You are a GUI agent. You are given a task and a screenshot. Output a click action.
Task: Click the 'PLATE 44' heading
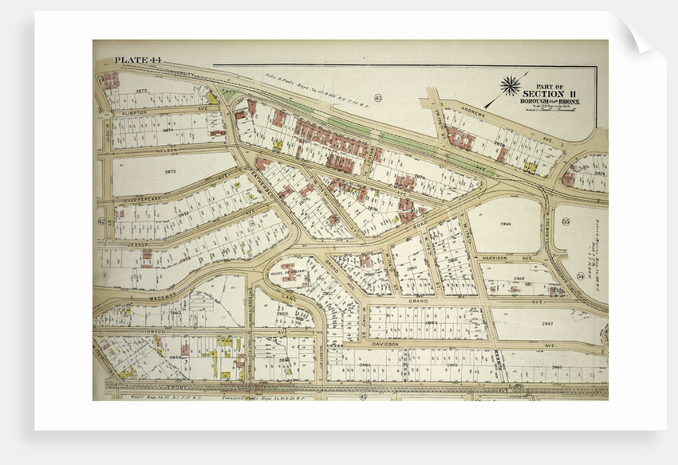tap(137, 61)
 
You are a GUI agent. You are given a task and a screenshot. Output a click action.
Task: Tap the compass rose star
tap(510, 85)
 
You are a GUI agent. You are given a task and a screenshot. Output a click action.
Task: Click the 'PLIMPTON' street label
tap(143, 113)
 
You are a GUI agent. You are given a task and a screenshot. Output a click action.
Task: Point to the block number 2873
tap(142, 92)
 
